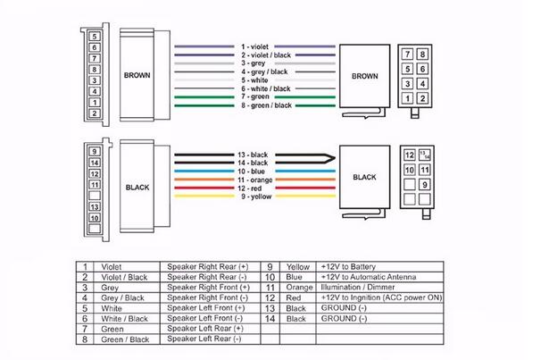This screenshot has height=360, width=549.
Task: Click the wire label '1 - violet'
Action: (254, 45)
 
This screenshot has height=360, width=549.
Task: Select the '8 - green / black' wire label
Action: (266, 105)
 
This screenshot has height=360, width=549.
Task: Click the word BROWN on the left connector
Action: (138, 76)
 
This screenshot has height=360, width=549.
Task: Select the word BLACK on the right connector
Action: (365, 177)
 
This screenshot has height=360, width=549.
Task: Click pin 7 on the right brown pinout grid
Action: (410, 54)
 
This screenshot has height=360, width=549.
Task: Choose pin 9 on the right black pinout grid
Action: (426, 185)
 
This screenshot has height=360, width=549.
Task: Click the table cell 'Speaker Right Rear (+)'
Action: (209, 266)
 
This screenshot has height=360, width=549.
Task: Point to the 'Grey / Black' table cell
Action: (123, 297)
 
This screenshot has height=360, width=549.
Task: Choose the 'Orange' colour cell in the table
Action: (298, 288)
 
